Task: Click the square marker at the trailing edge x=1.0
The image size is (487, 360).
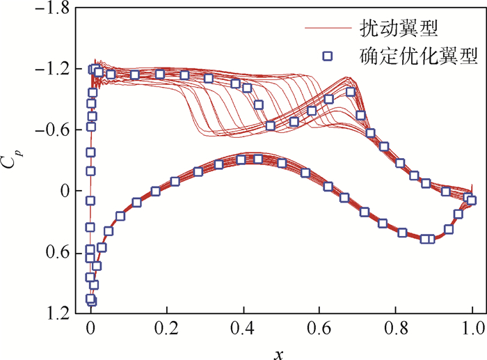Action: pos(472,201)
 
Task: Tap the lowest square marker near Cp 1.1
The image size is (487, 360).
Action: pos(91,301)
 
